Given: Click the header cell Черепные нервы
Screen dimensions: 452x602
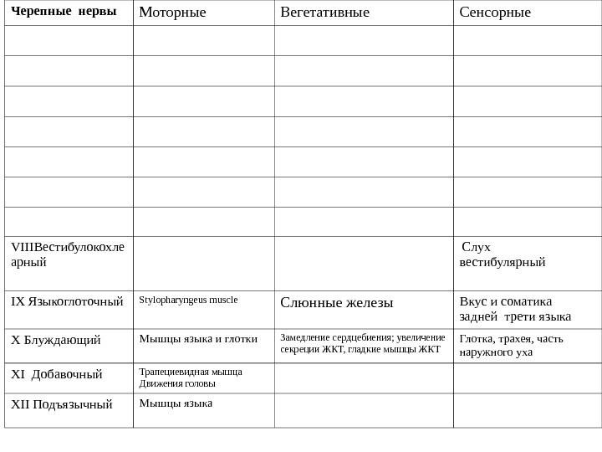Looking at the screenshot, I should click(64, 12).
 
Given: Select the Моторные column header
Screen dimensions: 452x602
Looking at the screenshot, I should click(172, 12).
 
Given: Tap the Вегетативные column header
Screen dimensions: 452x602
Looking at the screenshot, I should click(324, 12).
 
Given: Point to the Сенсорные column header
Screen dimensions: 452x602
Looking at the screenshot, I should click(495, 12).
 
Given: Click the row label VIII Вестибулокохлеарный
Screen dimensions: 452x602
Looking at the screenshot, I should click(68, 254).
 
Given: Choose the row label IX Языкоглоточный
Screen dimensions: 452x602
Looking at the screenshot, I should click(67, 301).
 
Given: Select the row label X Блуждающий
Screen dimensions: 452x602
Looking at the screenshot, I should click(55, 340).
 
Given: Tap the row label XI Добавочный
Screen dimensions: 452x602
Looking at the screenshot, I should click(57, 374).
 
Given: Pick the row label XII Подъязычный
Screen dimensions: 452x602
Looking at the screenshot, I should click(62, 404).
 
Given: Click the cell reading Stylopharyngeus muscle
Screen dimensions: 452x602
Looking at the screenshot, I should click(188, 300).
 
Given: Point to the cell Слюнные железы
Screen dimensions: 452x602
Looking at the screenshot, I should click(337, 302).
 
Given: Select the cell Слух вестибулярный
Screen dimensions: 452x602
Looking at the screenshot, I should click(503, 254).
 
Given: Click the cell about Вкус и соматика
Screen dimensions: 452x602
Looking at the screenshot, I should click(515, 309).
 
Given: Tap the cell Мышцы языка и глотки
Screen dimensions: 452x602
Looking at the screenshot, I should click(198, 339).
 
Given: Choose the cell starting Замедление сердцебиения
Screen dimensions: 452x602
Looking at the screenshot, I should click(363, 343).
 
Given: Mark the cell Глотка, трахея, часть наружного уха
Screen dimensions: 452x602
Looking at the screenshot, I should click(512, 345).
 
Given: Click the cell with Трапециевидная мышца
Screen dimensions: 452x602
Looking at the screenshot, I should click(191, 378).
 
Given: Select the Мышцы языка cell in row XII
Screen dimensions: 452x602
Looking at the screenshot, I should click(176, 403).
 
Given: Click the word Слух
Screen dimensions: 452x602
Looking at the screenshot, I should click(477, 247).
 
